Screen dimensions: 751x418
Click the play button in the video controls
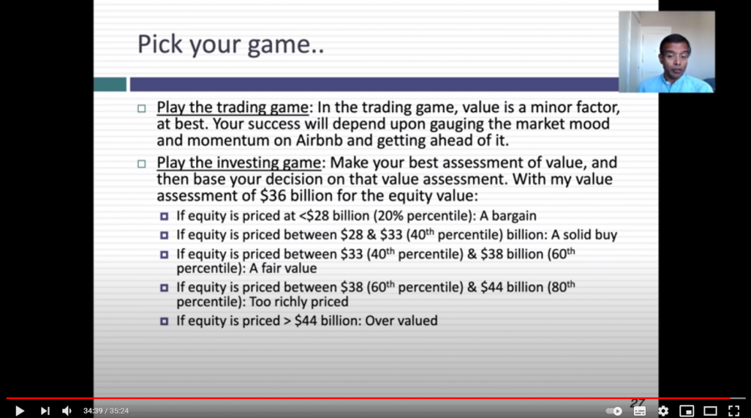[x=20, y=410]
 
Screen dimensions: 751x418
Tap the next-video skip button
[x=45, y=410]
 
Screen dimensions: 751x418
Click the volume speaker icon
[x=67, y=410]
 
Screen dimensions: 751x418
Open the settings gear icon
[x=663, y=410]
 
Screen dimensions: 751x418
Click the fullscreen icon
[x=734, y=410]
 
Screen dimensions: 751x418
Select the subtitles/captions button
[x=639, y=410]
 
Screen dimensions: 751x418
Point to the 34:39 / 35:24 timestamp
[x=106, y=410]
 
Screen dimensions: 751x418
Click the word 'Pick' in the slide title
[x=160, y=44]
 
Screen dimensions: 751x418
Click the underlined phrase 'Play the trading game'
[x=233, y=107]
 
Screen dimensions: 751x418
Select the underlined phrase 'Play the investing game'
[x=239, y=162]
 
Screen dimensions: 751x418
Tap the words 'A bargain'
[x=508, y=216]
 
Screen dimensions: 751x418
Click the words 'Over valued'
[x=401, y=321]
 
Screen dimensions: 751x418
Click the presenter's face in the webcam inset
[x=674, y=55]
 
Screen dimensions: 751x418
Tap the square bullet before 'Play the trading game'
[x=141, y=109]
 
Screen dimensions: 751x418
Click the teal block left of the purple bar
[x=110, y=84]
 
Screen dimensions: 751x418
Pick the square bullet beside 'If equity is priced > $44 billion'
[x=164, y=321]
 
